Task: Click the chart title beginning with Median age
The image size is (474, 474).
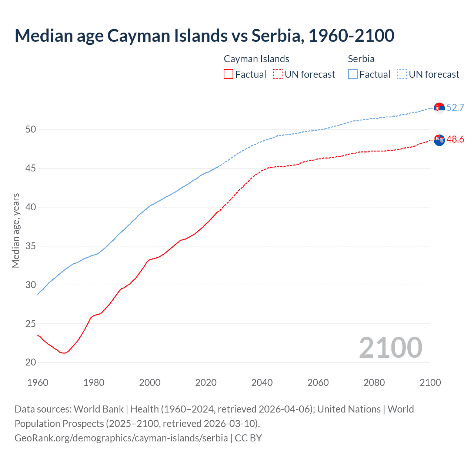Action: (204, 36)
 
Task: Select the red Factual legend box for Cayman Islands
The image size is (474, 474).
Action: (228, 74)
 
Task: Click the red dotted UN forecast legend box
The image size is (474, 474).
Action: (278, 74)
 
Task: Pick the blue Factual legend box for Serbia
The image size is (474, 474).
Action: (353, 74)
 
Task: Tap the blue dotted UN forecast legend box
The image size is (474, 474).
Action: (402, 74)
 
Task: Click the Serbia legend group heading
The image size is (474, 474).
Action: (361, 59)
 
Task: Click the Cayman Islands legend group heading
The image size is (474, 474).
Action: (256, 59)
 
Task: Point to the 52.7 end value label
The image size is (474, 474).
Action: (455, 107)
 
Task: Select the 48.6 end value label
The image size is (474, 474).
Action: (455, 139)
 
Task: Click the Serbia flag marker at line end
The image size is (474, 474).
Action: (439, 108)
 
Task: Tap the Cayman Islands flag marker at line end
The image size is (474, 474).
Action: (439, 140)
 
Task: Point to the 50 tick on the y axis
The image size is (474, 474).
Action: (31, 129)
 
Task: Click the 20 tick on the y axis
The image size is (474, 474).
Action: (31, 362)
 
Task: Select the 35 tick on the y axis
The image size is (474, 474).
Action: (31, 246)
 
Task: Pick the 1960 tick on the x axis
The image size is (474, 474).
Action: (38, 383)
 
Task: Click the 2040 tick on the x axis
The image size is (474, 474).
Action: (262, 383)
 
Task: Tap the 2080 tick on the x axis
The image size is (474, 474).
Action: (374, 383)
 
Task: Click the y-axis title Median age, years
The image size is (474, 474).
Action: (16, 230)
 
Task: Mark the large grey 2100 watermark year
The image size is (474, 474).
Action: (390, 347)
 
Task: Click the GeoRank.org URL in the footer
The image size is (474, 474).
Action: (121, 438)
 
